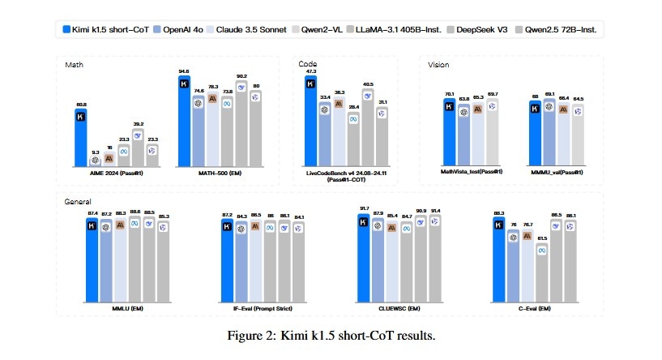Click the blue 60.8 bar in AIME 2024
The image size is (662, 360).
(x=81, y=138)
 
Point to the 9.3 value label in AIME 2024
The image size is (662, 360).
(x=96, y=152)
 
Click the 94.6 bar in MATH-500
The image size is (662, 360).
(x=184, y=122)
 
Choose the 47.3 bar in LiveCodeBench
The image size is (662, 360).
(x=310, y=122)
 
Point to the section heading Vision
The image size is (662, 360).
(x=438, y=64)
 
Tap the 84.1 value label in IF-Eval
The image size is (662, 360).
(x=300, y=216)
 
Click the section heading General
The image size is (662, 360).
(x=78, y=200)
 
